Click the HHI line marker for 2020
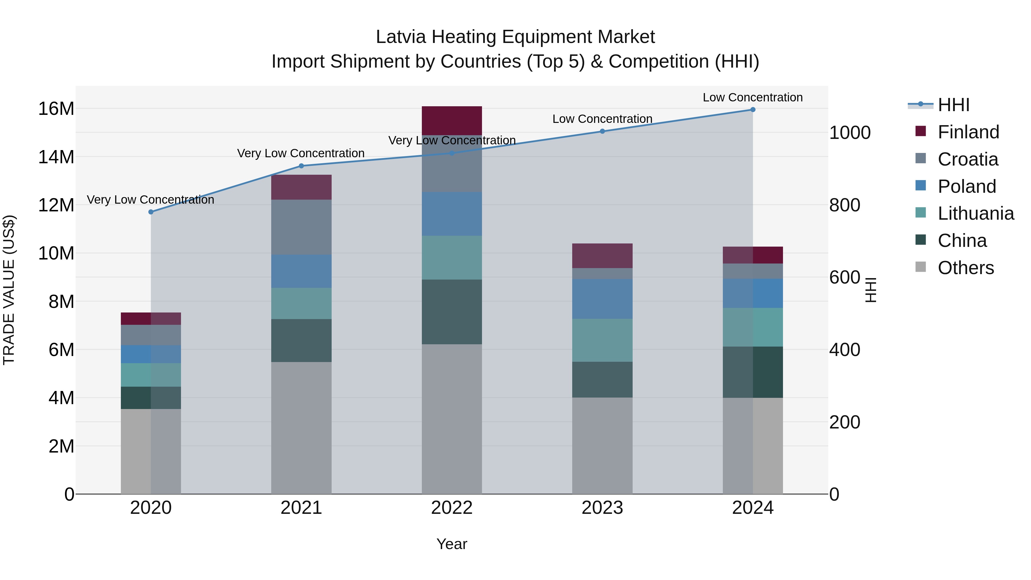click(151, 212)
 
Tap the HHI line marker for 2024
click(753, 110)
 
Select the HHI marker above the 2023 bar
click(602, 131)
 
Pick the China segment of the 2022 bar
click(452, 312)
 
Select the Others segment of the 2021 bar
click(301, 428)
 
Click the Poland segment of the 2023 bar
click(602, 299)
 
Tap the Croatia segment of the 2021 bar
click(301, 227)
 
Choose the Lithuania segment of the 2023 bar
click(602, 340)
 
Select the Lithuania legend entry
click(975, 214)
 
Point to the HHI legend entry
click(953, 105)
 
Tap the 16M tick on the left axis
click(56, 109)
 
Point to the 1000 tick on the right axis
click(850, 133)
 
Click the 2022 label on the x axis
click(452, 508)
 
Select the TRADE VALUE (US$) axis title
click(9, 290)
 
